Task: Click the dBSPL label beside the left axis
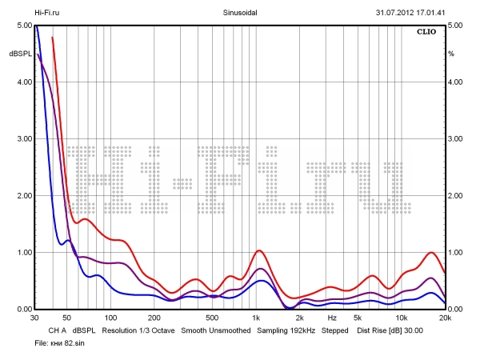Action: click(20, 54)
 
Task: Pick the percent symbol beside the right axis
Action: click(451, 54)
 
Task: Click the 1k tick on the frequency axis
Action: click(256, 318)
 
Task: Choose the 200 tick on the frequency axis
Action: click(154, 318)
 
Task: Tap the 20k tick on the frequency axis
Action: click(445, 318)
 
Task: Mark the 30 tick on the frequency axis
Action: click(35, 318)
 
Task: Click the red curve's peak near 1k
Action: click(259, 250)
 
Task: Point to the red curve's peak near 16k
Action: click(432, 252)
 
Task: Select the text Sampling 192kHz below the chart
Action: click(286, 330)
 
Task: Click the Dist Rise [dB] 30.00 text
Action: click(390, 330)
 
